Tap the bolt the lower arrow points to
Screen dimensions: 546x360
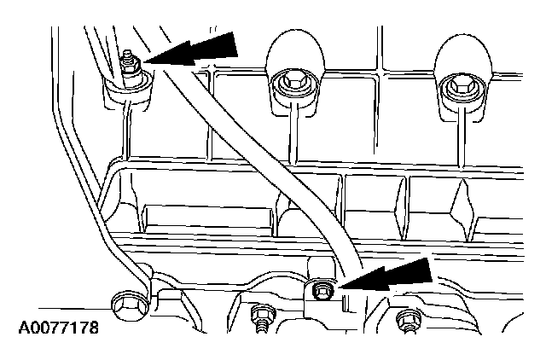[321, 291]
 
